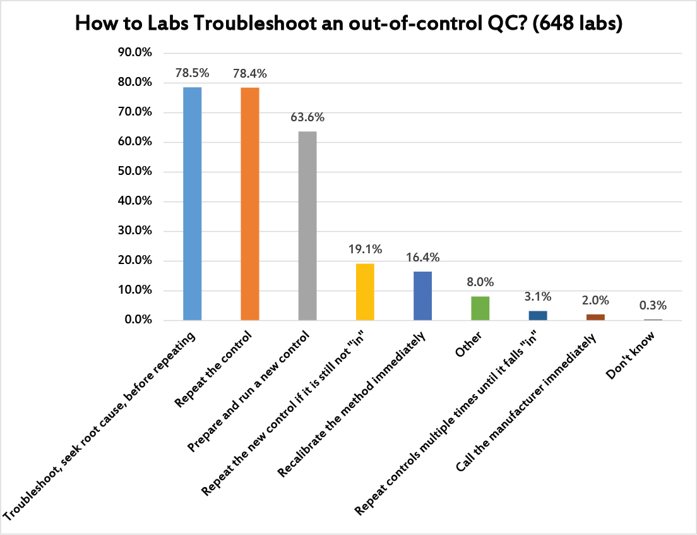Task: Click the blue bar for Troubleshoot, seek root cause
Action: point(192,203)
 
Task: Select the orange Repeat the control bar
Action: point(250,203)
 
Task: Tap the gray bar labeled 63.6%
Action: point(307,225)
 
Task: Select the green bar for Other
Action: point(480,308)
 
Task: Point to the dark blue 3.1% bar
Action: point(538,315)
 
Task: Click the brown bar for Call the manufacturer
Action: point(595,317)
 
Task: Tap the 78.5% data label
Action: point(192,73)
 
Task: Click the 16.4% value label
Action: point(423,257)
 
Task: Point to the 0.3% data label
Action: point(653,306)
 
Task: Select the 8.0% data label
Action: point(480,282)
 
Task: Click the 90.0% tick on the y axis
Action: point(134,53)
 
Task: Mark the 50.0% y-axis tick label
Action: point(134,172)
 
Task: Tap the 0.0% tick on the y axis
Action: point(138,320)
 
